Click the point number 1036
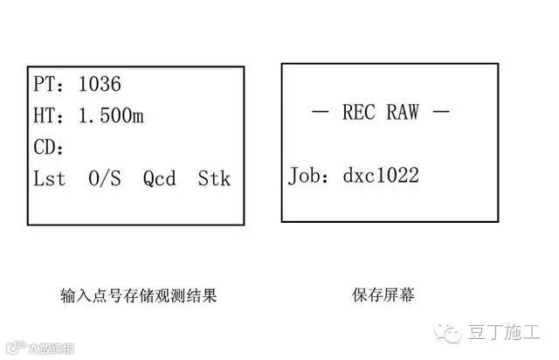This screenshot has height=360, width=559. pyautogui.click(x=100, y=85)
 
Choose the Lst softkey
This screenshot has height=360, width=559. pyautogui.click(x=50, y=179)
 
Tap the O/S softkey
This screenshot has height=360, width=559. pyautogui.click(x=105, y=179)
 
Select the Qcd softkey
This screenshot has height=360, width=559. pyautogui.click(x=160, y=179)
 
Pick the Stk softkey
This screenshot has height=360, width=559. pyautogui.click(x=214, y=179)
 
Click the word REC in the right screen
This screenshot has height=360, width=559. pyautogui.click(x=358, y=113)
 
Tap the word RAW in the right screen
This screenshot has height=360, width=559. pyautogui.click(x=403, y=113)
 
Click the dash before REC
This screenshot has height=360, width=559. pyautogui.click(x=321, y=113)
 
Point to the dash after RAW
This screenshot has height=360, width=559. pyautogui.click(x=441, y=113)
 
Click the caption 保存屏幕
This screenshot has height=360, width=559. pyautogui.click(x=383, y=296)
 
